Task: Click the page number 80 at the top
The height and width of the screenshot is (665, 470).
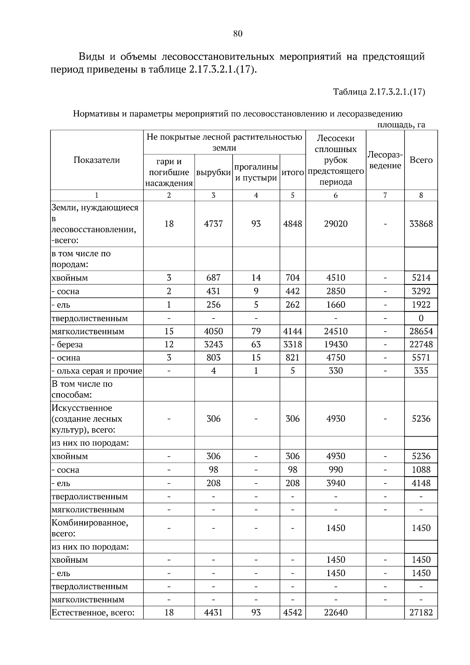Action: click(238, 34)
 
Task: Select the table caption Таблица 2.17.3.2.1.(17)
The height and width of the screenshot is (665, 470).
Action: click(379, 92)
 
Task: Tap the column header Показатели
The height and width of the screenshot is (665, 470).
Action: click(97, 160)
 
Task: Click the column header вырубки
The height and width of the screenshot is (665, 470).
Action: click(213, 172)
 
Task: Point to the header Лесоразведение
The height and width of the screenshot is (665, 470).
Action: click(385, 160)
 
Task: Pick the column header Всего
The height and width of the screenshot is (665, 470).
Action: click(421, 160)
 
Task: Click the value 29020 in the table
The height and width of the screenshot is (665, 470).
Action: click(336, 224)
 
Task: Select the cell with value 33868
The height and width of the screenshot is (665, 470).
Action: click(421, 224)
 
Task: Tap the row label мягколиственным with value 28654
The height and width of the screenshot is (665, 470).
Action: click(88, 332)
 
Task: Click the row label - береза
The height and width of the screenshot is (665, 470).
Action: click(67, 345)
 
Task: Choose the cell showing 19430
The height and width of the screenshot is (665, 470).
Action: click(336, 344)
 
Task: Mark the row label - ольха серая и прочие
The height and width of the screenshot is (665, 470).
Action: click(97, 371)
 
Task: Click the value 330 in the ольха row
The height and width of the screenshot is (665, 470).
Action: click(336, 371)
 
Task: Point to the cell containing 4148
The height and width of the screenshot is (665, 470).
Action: click(421, 483)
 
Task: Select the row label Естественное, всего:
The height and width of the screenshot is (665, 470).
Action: click(93, 612)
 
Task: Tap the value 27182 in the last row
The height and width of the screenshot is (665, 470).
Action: click(421, 612)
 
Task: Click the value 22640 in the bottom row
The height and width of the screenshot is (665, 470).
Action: click(336, 612)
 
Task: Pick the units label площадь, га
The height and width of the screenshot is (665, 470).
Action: click(401, 125)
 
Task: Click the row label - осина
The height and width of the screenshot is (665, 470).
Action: click(66, 358)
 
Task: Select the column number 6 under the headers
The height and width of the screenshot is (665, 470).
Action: click(336, 195)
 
